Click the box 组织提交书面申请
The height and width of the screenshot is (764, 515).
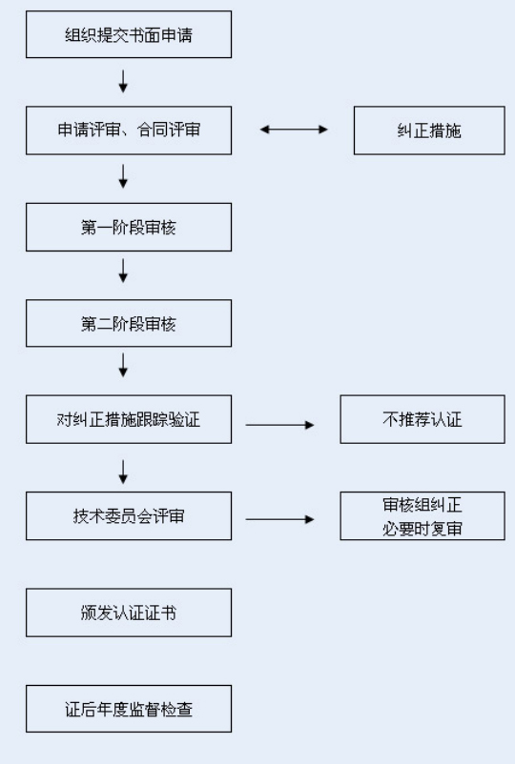129,34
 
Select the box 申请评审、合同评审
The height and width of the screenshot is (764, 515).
129,131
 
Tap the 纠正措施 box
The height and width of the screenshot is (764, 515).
429,131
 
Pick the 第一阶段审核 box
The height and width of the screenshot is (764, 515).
129,227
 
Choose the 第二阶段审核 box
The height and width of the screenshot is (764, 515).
129,323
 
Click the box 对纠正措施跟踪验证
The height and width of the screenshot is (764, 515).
129,419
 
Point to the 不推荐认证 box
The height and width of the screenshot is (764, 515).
422,419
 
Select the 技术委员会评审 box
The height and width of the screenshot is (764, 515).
129,516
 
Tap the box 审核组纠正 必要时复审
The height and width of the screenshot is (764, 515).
422,516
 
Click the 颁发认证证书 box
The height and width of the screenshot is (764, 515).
129,613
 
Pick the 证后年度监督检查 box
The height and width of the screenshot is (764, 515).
129,709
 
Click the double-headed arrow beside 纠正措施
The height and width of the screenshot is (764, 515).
294,130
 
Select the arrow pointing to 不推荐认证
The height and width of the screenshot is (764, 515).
280,425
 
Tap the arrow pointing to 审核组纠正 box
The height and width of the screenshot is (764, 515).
280,519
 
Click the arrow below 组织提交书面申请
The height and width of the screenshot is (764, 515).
123,81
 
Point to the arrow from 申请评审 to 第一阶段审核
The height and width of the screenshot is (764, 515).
123,176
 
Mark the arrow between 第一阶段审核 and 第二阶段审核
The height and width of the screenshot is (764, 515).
123,271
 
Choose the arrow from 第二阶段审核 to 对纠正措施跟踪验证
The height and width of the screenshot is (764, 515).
123,366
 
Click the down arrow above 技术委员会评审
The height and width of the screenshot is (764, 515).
123,472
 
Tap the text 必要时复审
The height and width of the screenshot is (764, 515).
422,528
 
